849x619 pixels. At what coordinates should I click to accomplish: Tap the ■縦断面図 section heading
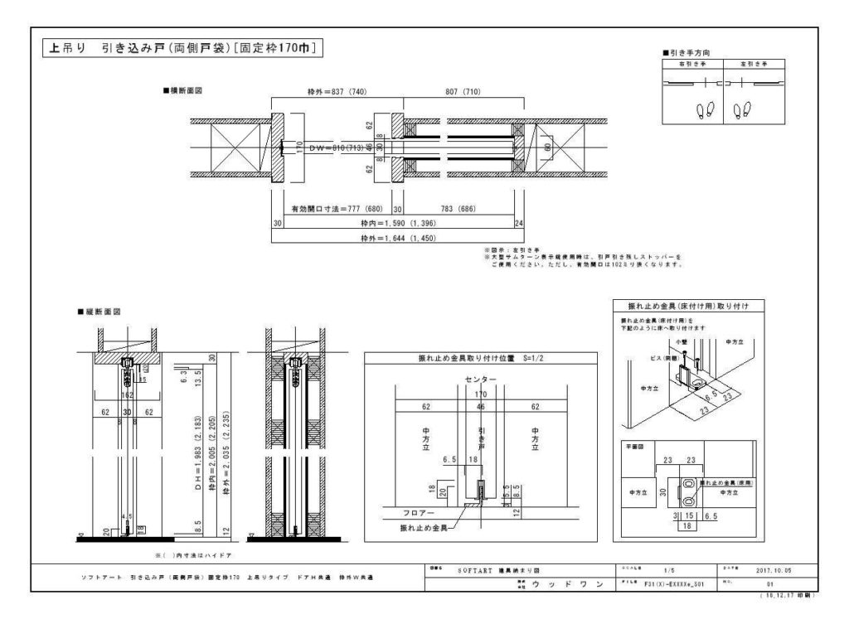pos(99,312)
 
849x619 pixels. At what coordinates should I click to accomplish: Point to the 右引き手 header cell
pos(693,64)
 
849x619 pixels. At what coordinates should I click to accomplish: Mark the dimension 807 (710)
pos(463,91)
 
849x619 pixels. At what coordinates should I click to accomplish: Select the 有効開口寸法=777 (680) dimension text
pos(332,209)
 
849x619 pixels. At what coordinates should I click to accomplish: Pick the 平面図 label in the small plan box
pos(635,445)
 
